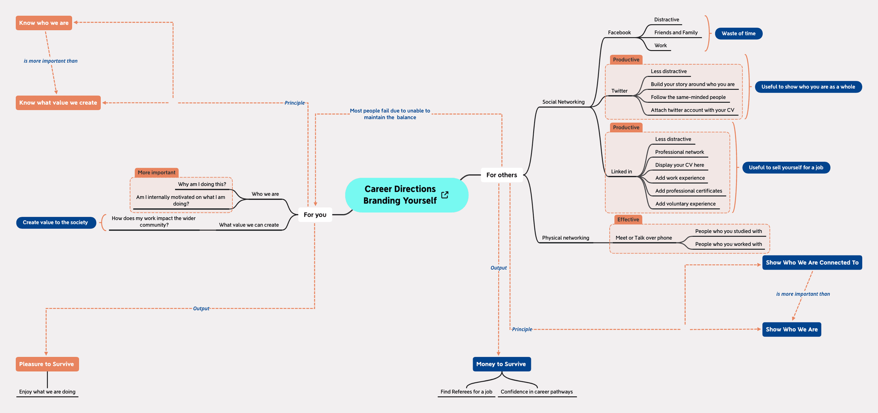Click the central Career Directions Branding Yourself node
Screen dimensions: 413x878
(400, 195)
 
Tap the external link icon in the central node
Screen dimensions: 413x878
(445, 195)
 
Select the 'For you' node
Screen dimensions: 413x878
(315, 215)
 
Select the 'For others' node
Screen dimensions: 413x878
(501, 175)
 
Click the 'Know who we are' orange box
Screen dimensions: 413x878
(44, 23)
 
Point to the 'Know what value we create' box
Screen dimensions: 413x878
(58, 103)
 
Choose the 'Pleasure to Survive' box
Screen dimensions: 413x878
(47, 364)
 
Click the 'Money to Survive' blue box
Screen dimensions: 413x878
(501, 364)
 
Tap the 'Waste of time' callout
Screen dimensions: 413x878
(738, 33)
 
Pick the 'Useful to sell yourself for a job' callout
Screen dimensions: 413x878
(786, 167)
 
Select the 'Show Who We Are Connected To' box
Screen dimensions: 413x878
(812, 263)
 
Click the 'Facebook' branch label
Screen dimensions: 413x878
(619, 33)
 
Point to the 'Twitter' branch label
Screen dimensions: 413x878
(619, 91)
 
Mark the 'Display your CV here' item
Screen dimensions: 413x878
(680, 165)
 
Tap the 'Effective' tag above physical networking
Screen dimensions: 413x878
(628, 220)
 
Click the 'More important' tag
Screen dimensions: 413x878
(156, 173)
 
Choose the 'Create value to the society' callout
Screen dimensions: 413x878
(56, 222)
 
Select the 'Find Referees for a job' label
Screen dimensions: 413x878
(466, 392)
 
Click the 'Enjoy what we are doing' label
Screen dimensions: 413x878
(47, 392)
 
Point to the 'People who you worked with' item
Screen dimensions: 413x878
(728, 244)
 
